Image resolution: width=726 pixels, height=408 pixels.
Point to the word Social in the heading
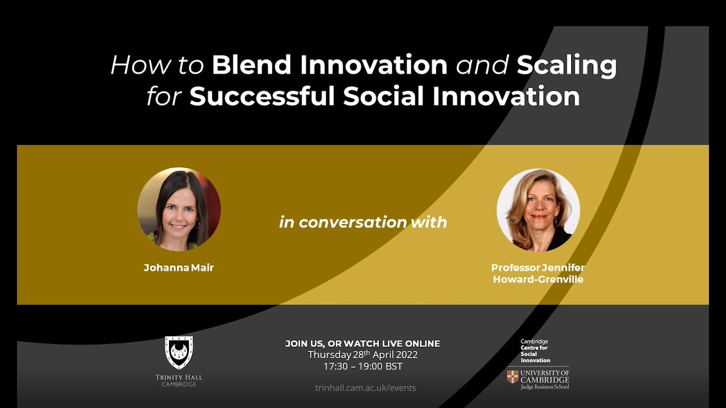point(383,96)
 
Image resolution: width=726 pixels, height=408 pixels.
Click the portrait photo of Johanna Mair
point(179,209)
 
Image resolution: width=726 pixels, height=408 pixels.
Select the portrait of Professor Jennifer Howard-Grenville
point(538,210)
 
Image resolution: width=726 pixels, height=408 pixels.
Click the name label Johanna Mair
point(179,268)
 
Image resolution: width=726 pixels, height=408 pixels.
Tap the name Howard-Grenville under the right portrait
point(538,279)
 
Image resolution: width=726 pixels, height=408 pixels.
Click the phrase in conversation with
point(363,222)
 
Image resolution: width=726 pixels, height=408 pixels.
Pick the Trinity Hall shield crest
point(179,352)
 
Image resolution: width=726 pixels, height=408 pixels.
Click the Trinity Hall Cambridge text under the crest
point(179,380)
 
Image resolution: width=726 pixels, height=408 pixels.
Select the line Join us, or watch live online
point(362,343)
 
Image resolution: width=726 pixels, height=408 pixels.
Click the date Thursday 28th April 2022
point(362,355)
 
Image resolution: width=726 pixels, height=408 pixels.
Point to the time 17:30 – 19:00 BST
point(362,367)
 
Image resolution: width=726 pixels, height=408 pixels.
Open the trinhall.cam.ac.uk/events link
point(365,388)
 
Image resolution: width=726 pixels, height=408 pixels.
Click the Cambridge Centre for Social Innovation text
point(535,351)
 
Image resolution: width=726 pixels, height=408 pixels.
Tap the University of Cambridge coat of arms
point(513,376)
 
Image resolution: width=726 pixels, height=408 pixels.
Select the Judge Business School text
point(544,386)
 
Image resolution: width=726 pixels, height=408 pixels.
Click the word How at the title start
point(133,65)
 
